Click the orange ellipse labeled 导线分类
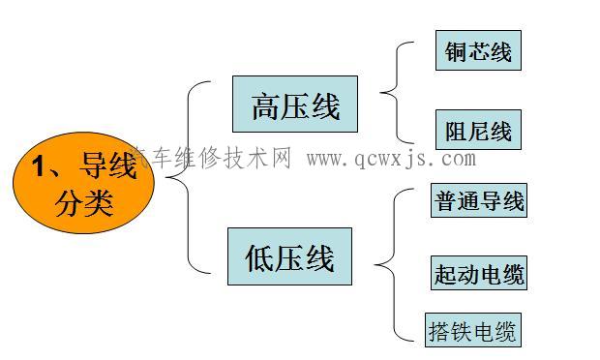point(82,184)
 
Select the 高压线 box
point(294,105)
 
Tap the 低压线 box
point(289,256)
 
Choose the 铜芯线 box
point(478,50)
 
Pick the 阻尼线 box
point(478,130)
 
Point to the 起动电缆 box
point(478,274)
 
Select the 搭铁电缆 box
point(472,331)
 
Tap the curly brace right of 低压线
point(386,263)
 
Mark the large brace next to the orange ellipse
point(184,176)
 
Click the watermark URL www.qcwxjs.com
point(391,159)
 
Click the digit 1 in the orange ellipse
point(40,166)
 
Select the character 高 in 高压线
point(265,105)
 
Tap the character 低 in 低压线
point(260,257)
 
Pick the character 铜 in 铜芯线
point(456,50)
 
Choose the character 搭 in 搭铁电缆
point(439,331)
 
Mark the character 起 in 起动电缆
point(445,274)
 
